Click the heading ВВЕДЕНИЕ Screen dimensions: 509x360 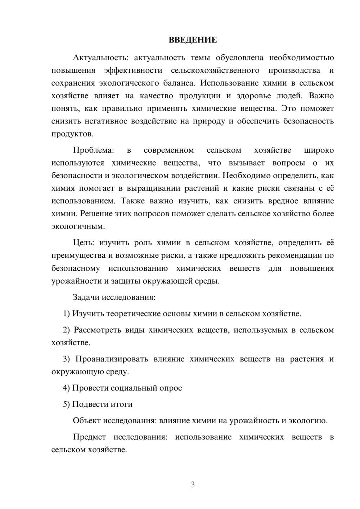click(x=193, y=40)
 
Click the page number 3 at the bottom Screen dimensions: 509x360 click(x=193, y=485)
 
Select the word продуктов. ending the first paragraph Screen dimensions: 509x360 click(x=72, y=134)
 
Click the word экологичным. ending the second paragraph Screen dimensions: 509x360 click(x=78, y=226)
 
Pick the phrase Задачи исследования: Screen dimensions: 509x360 click(x=114, y=297)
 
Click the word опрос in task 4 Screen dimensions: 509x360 click(x=171, y=388)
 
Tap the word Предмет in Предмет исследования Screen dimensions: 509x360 click(x=89, y=437)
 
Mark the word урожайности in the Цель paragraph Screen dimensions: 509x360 click(x=77, y=281)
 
